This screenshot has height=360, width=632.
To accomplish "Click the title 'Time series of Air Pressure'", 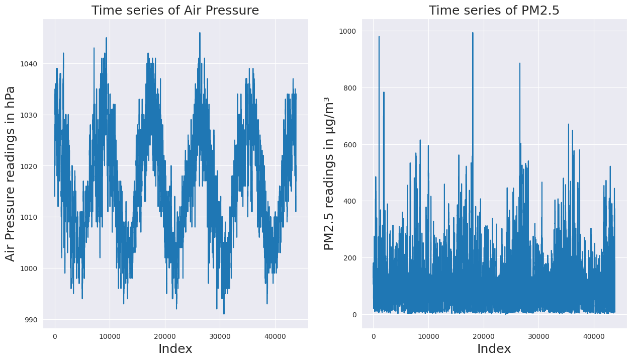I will [175, 10].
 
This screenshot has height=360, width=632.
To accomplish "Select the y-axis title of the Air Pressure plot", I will [11, 173].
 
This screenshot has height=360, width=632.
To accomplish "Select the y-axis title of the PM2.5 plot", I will [329, 173].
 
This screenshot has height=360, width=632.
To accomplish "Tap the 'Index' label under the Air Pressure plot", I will [175, 349].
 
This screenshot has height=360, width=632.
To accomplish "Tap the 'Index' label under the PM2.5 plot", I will [494, 349].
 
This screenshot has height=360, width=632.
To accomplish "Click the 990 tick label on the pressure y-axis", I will [33, 320].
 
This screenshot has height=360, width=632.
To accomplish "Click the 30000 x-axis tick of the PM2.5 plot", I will [538, 335].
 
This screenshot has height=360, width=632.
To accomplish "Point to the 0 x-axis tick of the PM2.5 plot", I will [373, 335].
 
